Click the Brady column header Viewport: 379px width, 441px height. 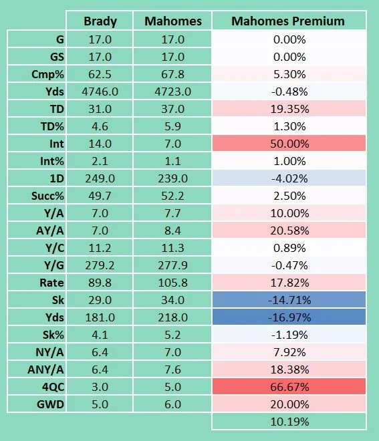(100, 21)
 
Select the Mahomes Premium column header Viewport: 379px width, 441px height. (288, 21)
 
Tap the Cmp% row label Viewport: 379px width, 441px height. (47, 75)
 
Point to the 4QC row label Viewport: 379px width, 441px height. (53, 388)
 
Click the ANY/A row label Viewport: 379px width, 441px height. (46, 370)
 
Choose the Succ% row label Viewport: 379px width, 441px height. (47, 196)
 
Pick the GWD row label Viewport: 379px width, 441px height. (50, 404)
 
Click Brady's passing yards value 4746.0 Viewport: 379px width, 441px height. (100, 92)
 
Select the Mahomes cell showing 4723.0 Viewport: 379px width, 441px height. (172, 92)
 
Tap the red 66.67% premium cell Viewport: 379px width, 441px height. (289, 387)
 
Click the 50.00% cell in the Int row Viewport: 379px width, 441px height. (289, 144)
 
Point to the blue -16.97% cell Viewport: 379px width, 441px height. (289, 317)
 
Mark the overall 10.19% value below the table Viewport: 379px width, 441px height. (289, 422)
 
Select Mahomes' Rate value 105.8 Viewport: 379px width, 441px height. (172, 283)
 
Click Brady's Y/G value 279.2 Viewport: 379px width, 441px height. (100, 265)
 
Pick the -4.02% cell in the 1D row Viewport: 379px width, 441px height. (289, 178)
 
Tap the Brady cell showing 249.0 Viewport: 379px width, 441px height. (100, 178)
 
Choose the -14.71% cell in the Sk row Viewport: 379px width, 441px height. (289, 300)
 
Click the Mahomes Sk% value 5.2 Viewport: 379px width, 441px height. (172, 335)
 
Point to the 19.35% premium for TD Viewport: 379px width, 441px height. (289, 109)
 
